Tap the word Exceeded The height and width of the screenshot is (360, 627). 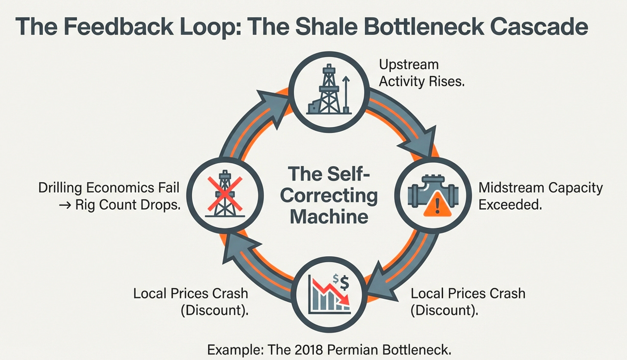click(x=510, y=205)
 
